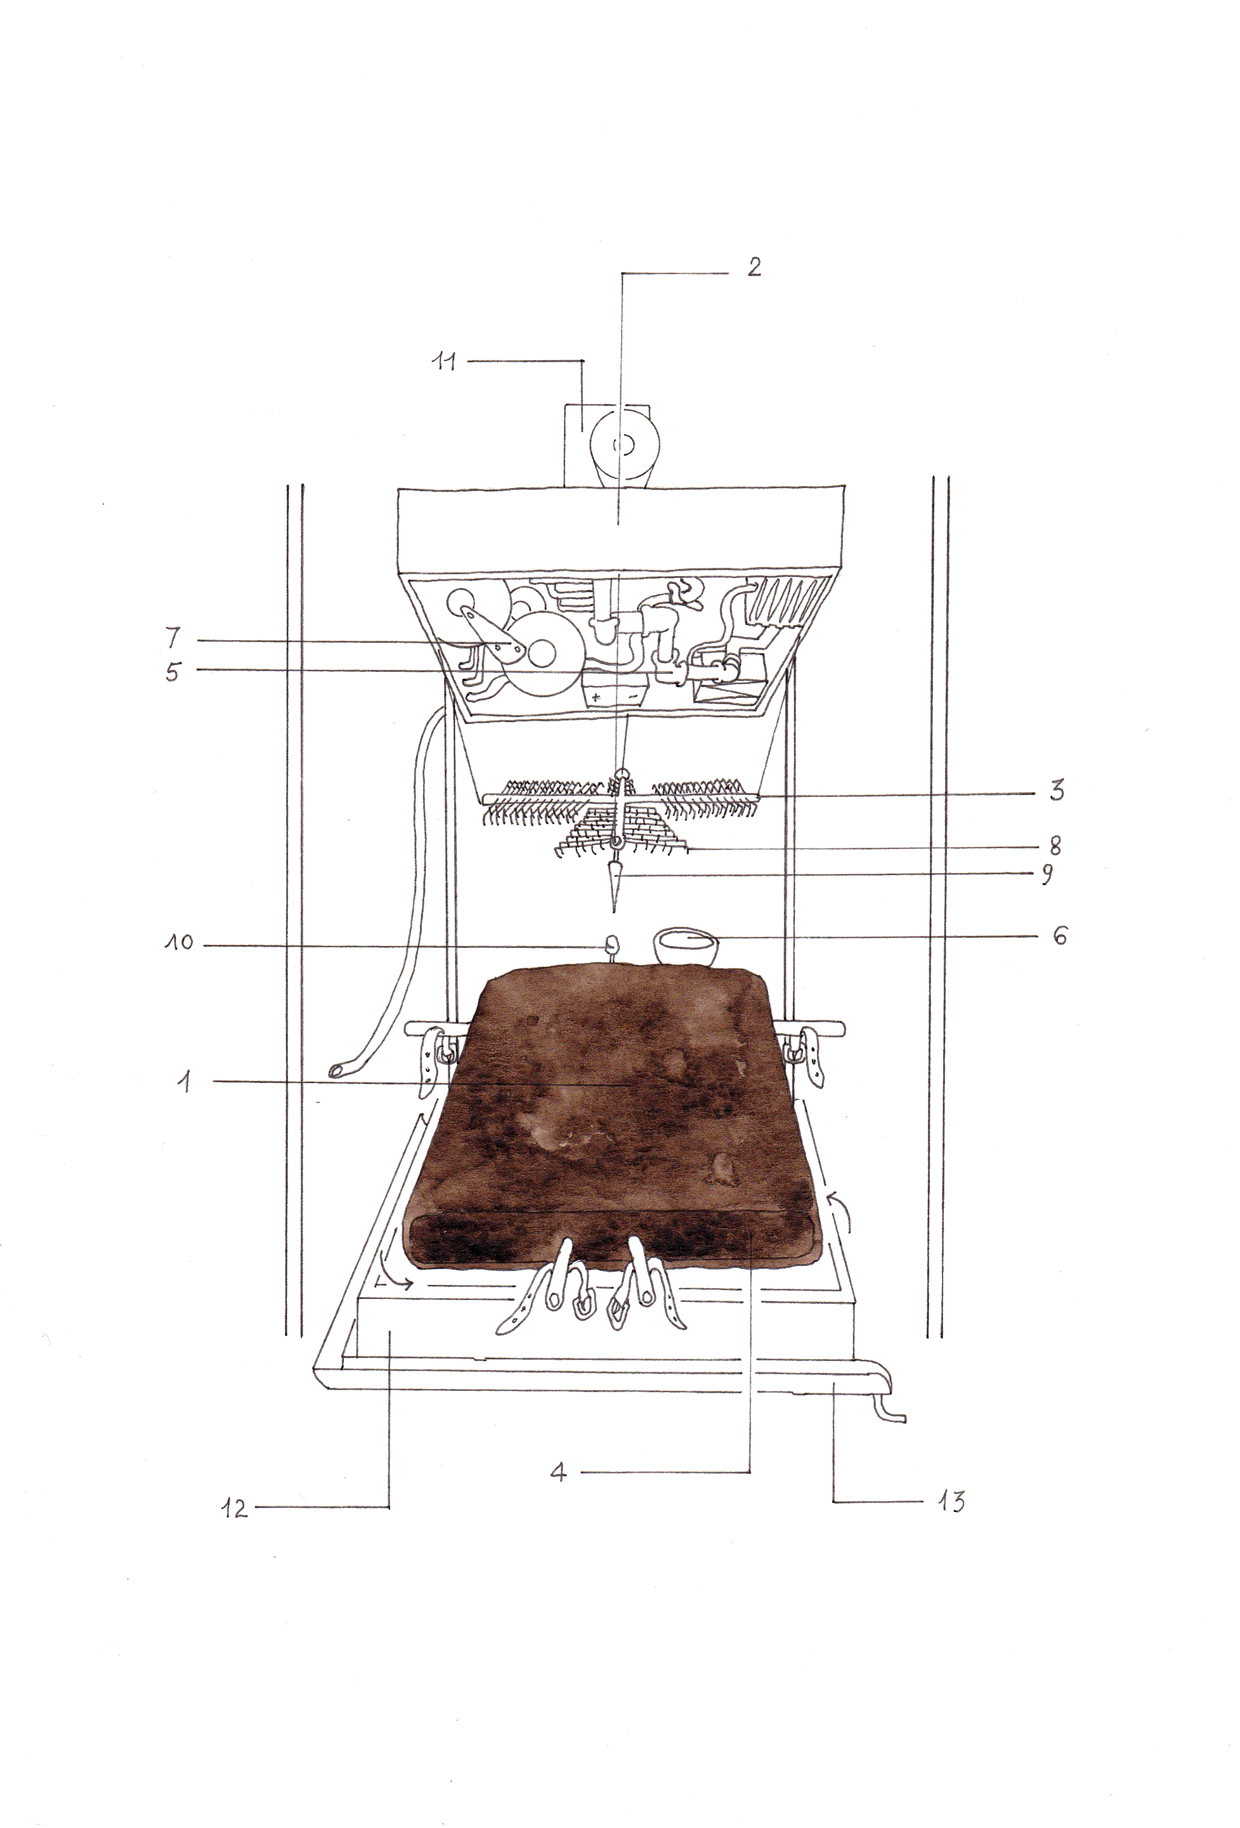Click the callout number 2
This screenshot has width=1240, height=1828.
[754, 266]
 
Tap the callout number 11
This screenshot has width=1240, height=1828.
[445, 362]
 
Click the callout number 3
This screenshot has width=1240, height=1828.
[1057, 790]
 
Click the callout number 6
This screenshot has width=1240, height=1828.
[1060, 935]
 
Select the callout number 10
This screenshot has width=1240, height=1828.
[179, 942]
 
